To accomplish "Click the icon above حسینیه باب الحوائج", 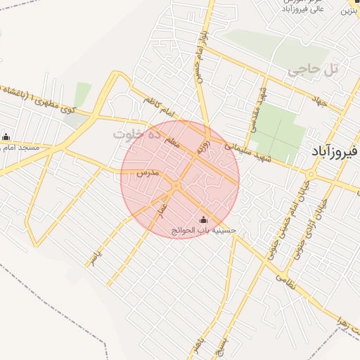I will pos(205,219).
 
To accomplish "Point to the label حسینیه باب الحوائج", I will pos(205,230).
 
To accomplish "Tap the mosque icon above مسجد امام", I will pos(6,136).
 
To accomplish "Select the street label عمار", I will pos(160,209).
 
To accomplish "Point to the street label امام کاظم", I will pos(160,105).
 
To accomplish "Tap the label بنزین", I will pos(352,11).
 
